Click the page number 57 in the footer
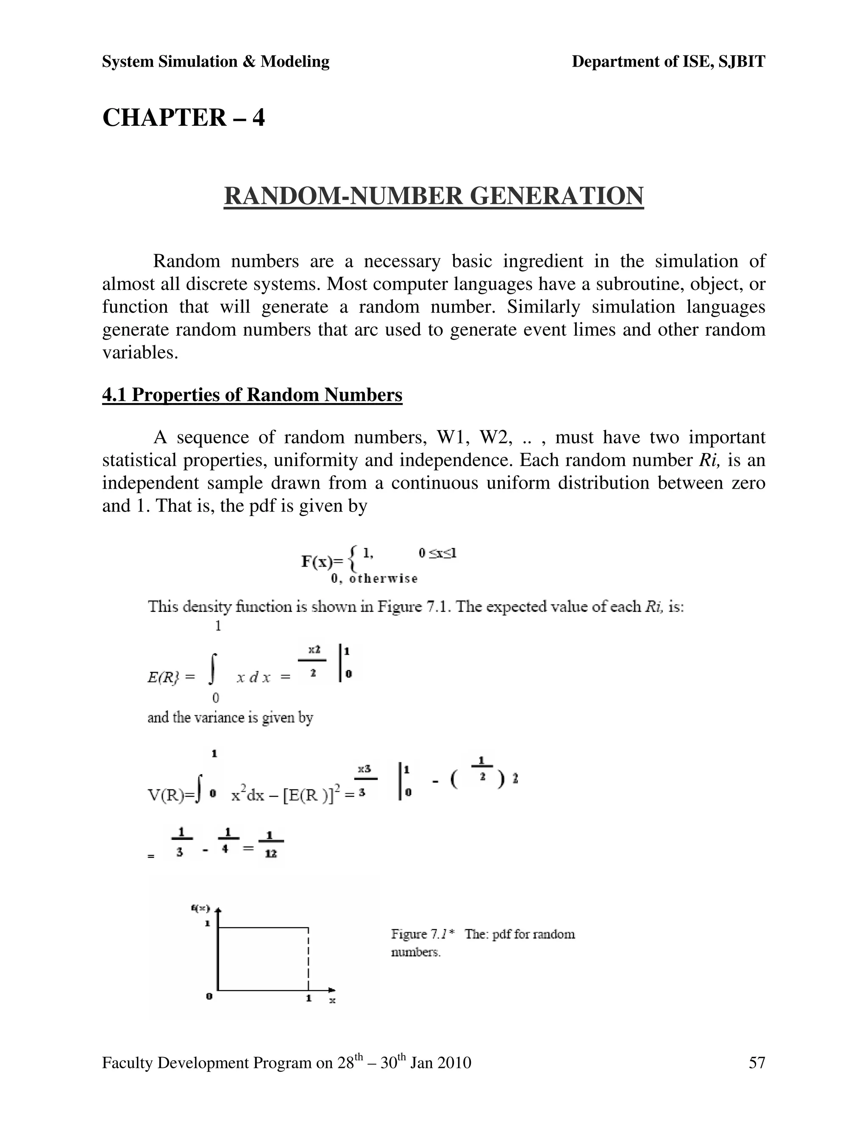tap(757, 1062)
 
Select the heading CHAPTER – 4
tap(184, 117)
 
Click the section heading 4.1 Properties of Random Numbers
tap(252, 395)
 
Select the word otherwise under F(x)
tap(383, 578)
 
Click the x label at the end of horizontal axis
tap(332, 1000)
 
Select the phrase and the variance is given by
tap(230, 717)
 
